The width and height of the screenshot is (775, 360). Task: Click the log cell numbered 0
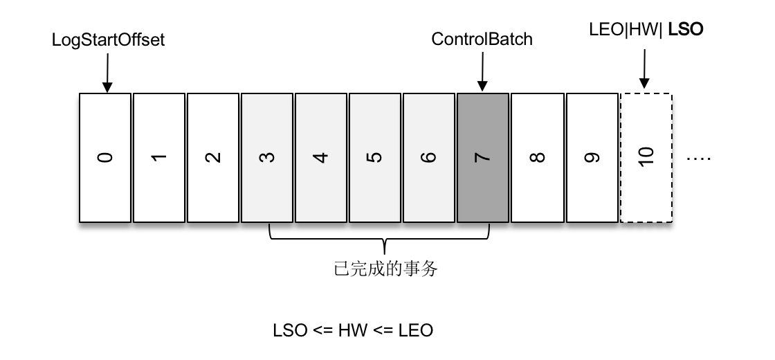click(x=105, y=158)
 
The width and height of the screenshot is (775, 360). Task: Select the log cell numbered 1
click(x=159, y=158)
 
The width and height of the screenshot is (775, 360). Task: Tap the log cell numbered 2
click(x=213, y=158)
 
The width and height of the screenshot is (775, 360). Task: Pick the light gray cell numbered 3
click(x=267, y=158)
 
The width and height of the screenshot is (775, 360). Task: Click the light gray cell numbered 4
click(x=321, y=158)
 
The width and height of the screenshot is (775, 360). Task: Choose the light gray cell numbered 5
click(x=375, y=158)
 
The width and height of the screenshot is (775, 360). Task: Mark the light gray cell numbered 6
click(x=429, y=158)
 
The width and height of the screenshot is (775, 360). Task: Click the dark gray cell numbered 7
click(x=483, y=158)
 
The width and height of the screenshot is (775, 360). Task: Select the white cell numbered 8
click(x=537, y=158)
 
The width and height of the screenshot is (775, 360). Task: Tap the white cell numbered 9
click(x=592, y=158)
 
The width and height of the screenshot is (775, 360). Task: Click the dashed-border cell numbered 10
click(x=646, y=158)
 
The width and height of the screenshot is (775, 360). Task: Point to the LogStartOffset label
click(x=109, y=39)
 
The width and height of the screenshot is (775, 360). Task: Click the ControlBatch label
click(x=482, y=39)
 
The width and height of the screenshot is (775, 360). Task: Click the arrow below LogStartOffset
click(x=107, y=73)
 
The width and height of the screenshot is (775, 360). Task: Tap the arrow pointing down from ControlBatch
click(x=482, y=73)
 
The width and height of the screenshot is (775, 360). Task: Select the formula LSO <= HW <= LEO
click(x=353, y=330)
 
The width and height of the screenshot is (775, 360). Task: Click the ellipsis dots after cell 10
click(x=698, y=159)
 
